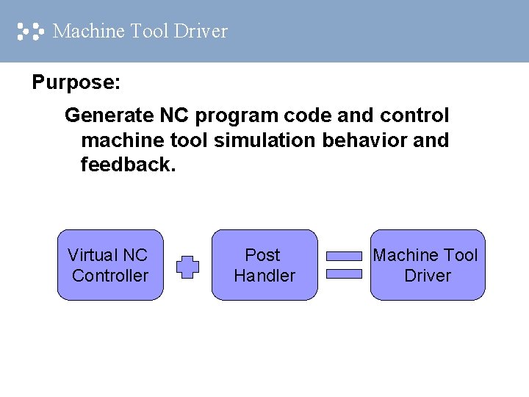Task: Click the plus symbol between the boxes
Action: click(x=188, y=266)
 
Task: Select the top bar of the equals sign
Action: click(x=344, y=257)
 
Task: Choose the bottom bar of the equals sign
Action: click(x=344, y=273)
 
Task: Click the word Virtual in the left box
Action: click(x=93, y=255)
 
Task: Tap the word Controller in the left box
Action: click(x=110, y=276)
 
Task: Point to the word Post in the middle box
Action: click(x=263, y=255)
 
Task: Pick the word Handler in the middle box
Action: click(x=264, y=276)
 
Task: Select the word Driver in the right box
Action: click(x=428, y=276)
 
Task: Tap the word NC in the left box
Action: click(x=135, y=255)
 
